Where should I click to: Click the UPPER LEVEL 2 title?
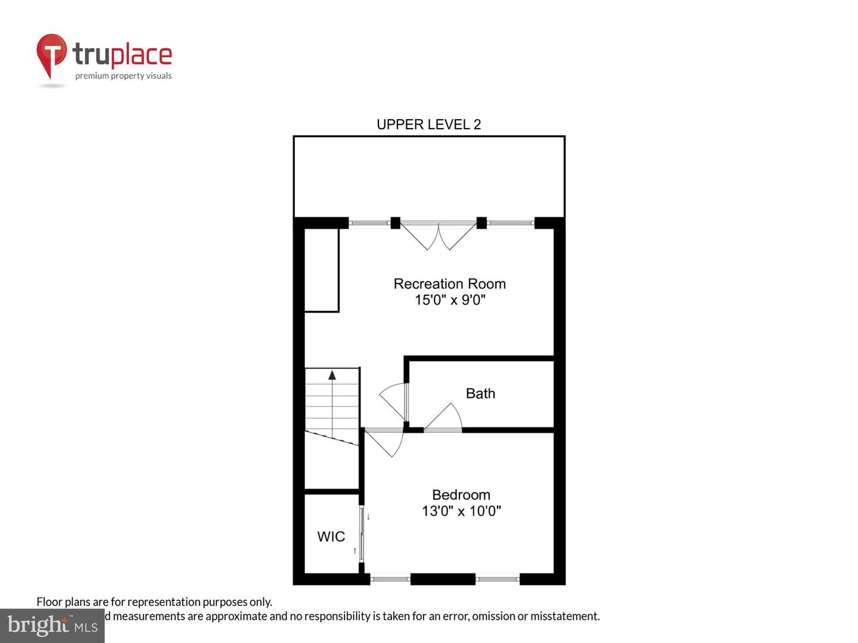[x=428, y=124]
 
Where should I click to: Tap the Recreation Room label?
[x=449, y=284]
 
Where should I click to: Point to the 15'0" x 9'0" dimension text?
[x=450, y=300]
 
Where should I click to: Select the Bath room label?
[x=480, y=394]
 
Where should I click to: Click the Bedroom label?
[x=461, y=495]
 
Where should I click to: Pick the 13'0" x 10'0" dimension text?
[x=461, y=511]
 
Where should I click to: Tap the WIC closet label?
[x=331, y=536]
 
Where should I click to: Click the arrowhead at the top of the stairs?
[x=332, y=374]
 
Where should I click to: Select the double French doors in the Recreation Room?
[x=439, y=235]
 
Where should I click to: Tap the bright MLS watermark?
[x=52, y=625]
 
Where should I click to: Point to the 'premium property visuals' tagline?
[x=123, y=76]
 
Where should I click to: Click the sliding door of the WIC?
[x=362, y=533]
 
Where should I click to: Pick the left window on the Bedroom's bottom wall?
[x=390, y=578]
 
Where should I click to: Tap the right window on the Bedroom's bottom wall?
[x=498, y=578]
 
